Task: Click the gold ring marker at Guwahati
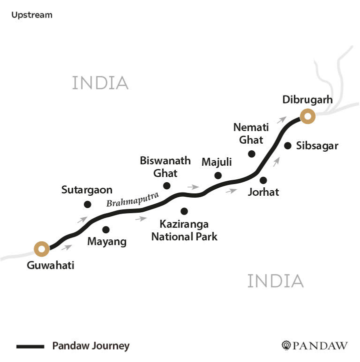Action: point(40,248)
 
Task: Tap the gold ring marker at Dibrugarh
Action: point(307,118)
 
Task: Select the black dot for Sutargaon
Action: point(87,204)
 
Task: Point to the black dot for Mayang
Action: point(105,230)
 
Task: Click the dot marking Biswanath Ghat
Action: point(167,186)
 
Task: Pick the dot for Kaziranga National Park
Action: point(184,211)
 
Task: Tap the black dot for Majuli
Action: point(218,175)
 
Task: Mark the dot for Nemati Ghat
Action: point(251,154)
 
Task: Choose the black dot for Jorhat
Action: point(263,180)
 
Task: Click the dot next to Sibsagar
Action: point(288,146)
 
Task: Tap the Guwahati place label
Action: point(50,265)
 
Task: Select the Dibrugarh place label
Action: point(307,100)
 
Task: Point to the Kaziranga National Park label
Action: point(184,230)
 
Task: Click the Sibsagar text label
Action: point(317,146)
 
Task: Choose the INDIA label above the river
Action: point(100,83)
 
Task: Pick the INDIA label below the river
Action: point(275,281)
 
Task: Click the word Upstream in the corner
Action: point(32,15)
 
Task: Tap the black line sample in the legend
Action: point(31,346)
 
